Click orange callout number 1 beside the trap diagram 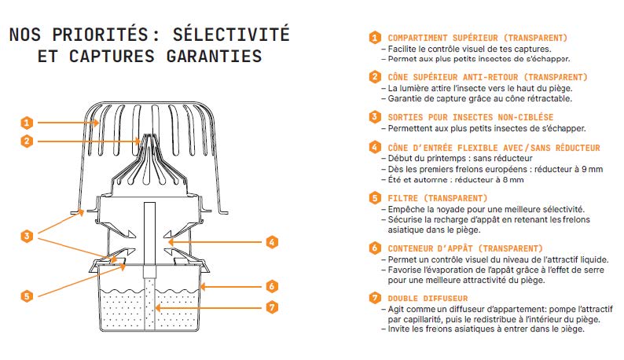point(27,123)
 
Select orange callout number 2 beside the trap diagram point(27,141)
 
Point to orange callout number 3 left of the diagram point(27,236)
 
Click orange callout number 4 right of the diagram point(272,242)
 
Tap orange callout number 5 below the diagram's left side point(27,296)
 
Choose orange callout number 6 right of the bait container point(272,286)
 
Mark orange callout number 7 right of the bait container point(272,307)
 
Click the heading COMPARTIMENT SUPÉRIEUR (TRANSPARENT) point(477,38)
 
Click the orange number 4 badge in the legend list point(375,148)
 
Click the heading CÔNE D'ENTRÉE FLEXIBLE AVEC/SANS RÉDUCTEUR point(494,148)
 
